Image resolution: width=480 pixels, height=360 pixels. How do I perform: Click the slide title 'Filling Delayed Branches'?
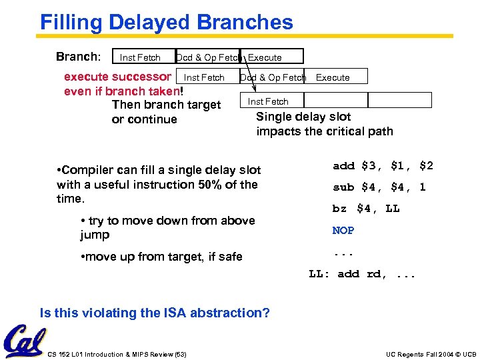(167, 22)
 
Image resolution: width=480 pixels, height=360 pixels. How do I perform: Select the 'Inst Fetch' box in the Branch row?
(140, 57)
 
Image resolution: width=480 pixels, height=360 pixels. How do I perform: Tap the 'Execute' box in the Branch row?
(273, 57)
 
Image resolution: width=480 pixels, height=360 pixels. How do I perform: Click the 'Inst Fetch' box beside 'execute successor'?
(204, 77)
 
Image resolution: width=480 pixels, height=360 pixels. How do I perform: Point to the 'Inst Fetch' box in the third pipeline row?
(268, 101)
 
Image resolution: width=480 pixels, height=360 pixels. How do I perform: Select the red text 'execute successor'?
(117, 77)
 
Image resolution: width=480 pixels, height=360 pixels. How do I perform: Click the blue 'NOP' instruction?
(343, 230)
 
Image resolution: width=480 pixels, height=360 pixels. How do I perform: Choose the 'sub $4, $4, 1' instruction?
(379, 187)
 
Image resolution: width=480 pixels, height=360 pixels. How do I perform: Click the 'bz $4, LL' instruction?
(366, 209)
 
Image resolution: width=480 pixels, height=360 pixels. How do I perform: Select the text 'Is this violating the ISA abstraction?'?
(155, 313)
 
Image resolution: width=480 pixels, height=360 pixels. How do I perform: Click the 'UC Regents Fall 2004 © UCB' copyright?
(431, 354)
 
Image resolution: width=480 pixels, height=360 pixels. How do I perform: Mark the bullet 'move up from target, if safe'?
(161, 257)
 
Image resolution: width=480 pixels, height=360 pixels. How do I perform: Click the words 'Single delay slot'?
(303, 117)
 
